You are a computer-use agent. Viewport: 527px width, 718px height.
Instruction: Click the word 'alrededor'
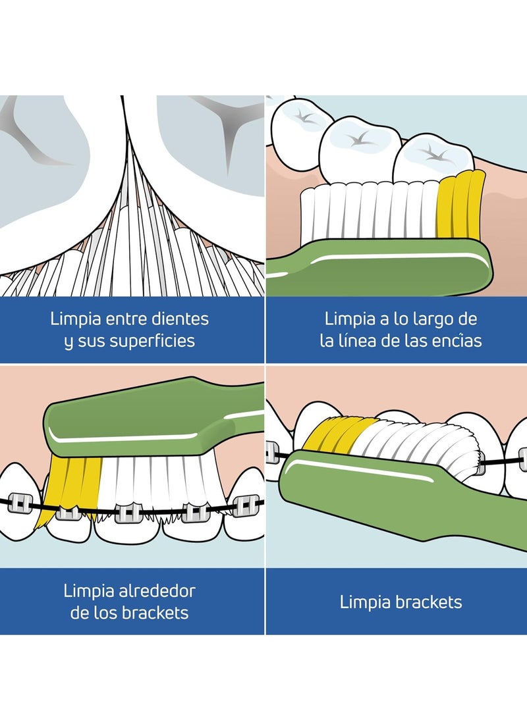coord(156,590)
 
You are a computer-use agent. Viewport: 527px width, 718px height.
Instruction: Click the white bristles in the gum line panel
coord(369,211)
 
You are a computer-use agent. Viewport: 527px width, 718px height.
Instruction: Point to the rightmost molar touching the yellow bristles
coord(435,158)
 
